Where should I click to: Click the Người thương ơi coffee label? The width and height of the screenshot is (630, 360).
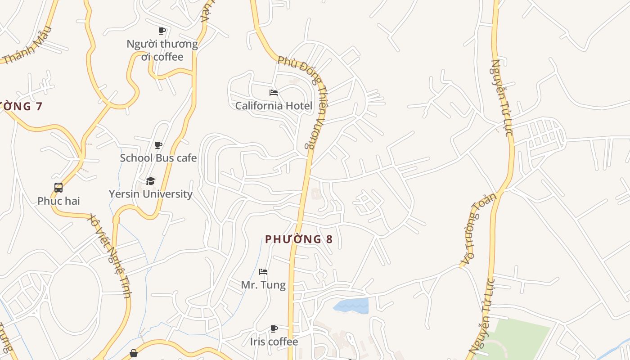162,50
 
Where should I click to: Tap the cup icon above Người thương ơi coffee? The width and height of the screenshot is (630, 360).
162,31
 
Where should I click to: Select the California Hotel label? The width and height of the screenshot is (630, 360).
274,106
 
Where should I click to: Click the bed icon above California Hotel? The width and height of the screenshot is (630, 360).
274,93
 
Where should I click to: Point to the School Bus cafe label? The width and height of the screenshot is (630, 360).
158,158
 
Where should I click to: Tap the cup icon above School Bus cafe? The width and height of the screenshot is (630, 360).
158,145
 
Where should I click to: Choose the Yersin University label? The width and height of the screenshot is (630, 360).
151,194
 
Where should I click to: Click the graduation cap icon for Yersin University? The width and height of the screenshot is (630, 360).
150,181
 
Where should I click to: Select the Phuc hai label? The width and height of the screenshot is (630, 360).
58,201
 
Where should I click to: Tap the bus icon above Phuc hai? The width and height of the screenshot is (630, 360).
58,188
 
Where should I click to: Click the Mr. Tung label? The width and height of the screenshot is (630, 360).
263,285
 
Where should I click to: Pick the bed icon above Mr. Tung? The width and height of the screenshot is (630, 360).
263,272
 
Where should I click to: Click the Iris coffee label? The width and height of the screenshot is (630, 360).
274,342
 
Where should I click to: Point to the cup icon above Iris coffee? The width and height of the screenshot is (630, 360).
274,328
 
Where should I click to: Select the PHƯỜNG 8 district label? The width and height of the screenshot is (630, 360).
299,239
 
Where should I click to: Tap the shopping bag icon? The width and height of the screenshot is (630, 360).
134,354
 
